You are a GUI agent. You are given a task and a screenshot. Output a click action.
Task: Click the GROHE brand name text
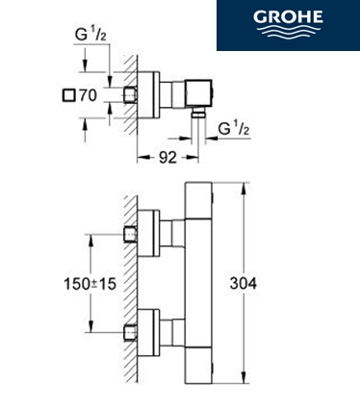tap(288, 16)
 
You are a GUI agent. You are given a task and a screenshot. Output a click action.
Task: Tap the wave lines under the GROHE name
tap(288, 31)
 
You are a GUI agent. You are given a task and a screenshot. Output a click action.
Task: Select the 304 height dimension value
tap(244, 283)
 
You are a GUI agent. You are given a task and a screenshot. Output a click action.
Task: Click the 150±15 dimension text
tap(90, 284)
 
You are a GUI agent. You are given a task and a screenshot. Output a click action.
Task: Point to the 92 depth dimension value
tap(167, 158)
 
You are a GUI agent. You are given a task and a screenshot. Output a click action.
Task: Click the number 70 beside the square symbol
tap(88, 95)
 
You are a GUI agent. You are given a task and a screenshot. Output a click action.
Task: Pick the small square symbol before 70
tap(69, 95)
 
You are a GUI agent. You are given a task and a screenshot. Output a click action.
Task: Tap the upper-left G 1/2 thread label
tap(90, 35)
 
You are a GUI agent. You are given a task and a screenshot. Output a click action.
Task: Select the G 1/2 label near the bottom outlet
tap(234, 129)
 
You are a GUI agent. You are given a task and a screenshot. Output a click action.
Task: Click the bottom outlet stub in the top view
tap(198, 113)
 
